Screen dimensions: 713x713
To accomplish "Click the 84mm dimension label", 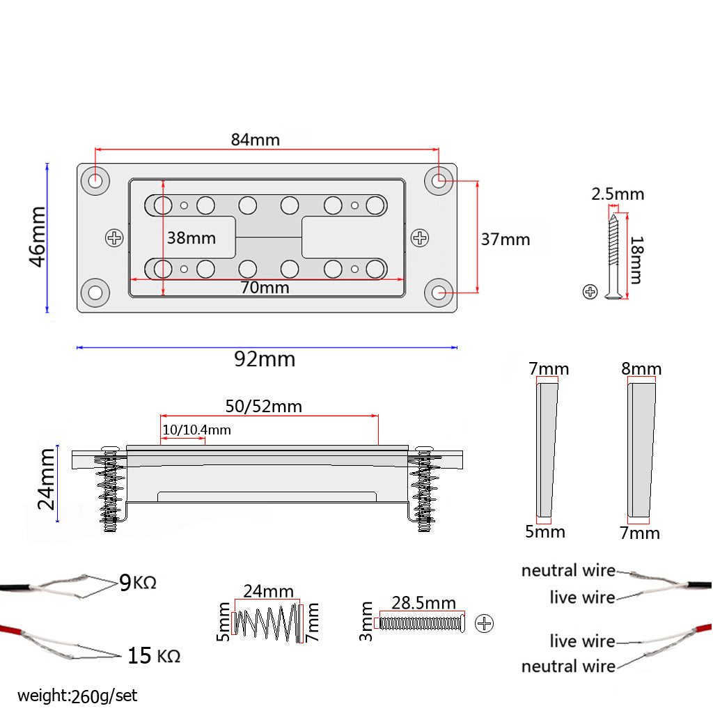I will click(255, 139).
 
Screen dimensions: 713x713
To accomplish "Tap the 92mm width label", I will click(265, 359).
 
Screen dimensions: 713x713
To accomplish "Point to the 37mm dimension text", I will click(505, 240).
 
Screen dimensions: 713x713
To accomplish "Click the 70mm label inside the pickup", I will click(265, 286).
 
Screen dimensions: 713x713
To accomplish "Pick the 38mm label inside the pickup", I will click(191, 238).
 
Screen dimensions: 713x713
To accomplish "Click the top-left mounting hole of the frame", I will click(95, 180).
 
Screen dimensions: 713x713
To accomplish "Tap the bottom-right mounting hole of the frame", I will click(439, 293).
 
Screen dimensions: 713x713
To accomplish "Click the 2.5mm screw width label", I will click(618, 194).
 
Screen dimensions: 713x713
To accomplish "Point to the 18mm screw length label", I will click(635, 259).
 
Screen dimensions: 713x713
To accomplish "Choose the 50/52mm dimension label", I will click(263, 406).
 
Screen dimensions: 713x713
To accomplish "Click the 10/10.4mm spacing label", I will click(196, 430).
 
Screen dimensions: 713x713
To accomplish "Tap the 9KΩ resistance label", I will click(137, 582).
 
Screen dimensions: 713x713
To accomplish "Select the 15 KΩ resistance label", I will click(153, 655).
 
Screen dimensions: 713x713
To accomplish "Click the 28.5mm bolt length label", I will click(423, 603).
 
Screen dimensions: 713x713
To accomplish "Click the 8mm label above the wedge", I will click(641, 368).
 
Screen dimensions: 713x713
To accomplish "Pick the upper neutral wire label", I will click(568, 571).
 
